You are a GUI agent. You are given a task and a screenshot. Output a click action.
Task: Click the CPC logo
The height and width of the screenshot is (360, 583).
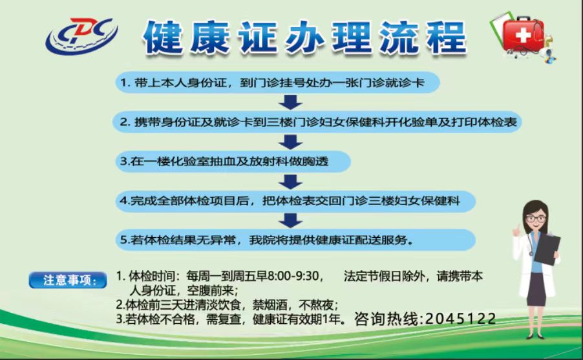point(82,36)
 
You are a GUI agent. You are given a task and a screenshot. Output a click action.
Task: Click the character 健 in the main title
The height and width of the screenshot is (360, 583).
point(164,37)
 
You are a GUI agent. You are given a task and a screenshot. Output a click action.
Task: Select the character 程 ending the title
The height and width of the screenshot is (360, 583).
point(446,37)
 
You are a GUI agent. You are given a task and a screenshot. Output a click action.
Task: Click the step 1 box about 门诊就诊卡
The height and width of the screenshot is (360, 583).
point(277,83)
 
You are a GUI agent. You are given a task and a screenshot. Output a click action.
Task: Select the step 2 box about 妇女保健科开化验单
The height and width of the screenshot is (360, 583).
point(317,122)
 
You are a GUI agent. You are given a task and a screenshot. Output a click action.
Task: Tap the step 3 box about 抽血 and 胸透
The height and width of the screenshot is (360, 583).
point(233,162)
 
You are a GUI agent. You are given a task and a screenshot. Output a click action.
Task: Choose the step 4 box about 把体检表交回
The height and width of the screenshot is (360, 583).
point(295,201)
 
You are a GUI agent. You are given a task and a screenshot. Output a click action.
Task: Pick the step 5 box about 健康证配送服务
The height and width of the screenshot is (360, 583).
point(295,240)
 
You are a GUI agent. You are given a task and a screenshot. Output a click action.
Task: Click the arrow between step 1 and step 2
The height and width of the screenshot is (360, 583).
point(290,102)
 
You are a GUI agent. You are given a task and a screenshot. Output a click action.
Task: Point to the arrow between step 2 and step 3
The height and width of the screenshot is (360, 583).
point(290,142)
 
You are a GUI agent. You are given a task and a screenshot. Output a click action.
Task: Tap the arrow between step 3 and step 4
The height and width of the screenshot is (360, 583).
point(290,182)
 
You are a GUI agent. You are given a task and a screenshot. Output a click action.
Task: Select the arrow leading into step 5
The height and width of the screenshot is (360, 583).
point(290,220)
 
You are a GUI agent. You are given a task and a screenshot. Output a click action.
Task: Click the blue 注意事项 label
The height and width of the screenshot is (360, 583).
point(68,280)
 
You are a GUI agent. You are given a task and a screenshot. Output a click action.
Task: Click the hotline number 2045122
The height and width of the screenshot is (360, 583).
point(460,319)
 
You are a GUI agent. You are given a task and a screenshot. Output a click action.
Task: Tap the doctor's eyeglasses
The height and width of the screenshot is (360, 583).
point(536,218)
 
